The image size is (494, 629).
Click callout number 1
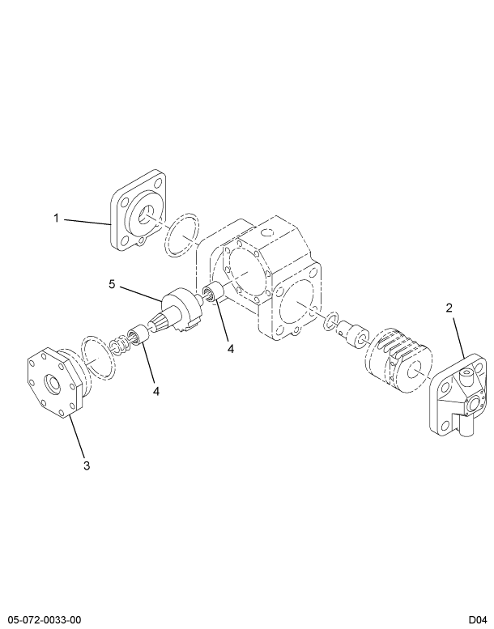click(x=57, y=217)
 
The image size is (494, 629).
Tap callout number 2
click(x=449, y=308)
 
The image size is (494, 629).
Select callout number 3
click(x=87, y=465)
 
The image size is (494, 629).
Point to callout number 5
click(x=113, y=283)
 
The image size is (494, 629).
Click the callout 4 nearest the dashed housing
click(x=231, y=349)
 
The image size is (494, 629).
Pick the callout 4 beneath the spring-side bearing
click(x=156, y=391)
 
